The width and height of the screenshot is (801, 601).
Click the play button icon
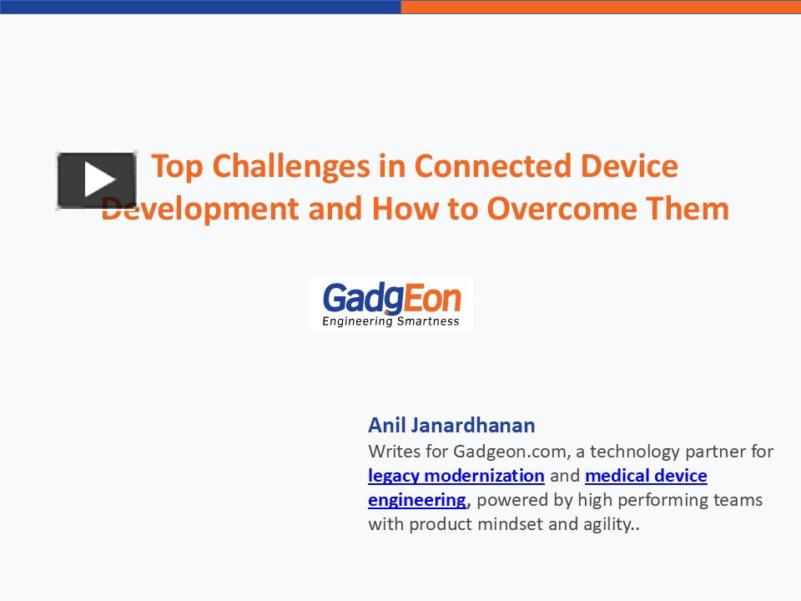(97, 179)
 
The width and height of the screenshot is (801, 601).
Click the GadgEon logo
(391, 304)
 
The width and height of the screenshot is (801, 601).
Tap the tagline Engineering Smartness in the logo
(391, 321)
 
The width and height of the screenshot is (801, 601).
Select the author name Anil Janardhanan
(451, 425)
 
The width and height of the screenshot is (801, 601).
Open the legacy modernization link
(456, 476)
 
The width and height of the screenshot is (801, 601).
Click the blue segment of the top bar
(200, 6)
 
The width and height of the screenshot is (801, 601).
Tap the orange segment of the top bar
(601, 6)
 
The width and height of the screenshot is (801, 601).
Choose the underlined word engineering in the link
(416, 500)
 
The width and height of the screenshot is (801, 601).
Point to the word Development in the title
(200, 208)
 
